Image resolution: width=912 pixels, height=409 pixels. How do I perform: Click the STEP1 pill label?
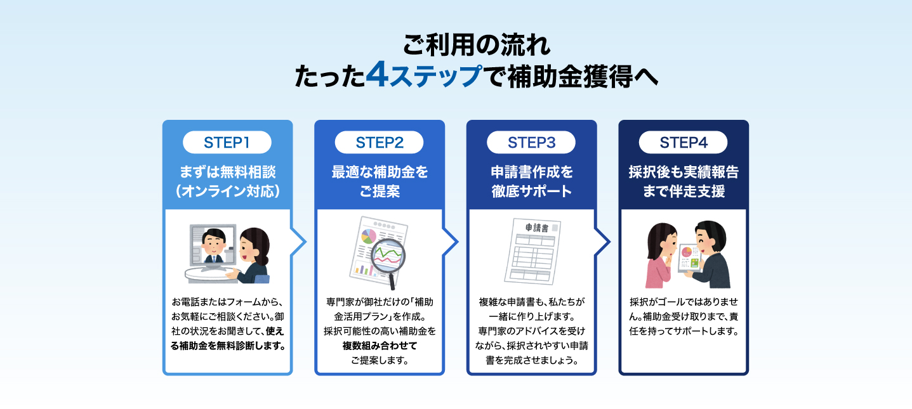click(x=227, y=143)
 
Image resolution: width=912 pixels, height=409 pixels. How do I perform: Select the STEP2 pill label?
click(x=379, y=143)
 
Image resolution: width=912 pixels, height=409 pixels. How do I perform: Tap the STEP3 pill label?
click(x=531, y=143)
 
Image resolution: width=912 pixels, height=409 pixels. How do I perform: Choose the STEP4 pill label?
click(x=683, y=143)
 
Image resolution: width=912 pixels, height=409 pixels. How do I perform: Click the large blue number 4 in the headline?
click(x=376, y=74)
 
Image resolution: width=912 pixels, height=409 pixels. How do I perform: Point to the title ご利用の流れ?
click(x=477, y=45)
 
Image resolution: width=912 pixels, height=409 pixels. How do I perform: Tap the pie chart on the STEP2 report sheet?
click(x=369, y=236)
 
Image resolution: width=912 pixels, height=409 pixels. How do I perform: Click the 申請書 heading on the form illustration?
click(x=537, y=228)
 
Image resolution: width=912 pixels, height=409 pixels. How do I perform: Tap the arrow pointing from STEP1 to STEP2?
click(x=298, y=242)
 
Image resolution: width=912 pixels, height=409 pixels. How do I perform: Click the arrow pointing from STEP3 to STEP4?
click(x=602, y=242)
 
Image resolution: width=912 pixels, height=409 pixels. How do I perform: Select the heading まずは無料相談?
click(x=228, y=172)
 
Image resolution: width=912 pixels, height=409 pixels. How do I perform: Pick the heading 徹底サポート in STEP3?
click(x=532, y=192)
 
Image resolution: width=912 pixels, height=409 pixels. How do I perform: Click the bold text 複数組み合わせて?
click(x=380, y=346)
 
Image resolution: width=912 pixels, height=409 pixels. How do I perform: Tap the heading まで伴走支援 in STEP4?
click(x=684, y=192)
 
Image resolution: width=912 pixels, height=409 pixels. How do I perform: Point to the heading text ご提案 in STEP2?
click(x=380, y=192)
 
